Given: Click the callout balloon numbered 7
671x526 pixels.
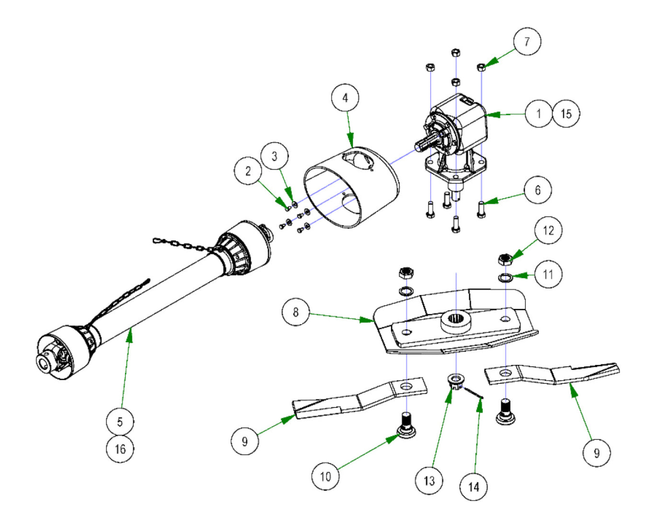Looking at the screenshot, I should (527, 42).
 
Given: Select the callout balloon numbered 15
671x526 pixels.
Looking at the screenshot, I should (566, 114).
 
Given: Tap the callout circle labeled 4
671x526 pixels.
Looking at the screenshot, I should (345, 98).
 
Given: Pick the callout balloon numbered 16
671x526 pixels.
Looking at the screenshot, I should (120, 449).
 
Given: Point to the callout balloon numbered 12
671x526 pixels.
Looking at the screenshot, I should (548, 230).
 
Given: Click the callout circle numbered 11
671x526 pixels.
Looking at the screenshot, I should (548, 274).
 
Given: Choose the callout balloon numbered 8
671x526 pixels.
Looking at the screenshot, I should (296, 312).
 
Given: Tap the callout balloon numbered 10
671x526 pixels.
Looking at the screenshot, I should (325, 476).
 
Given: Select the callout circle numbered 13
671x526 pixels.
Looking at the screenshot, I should (429, 480).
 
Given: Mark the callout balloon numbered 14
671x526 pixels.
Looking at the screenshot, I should (474, 487).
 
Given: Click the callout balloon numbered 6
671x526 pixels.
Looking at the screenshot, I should (537, 190).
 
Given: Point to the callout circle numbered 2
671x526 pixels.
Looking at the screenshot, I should (248, 171).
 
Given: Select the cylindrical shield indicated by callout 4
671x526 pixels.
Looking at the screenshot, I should (352, 187).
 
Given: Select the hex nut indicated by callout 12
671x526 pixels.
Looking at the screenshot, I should (504, 260).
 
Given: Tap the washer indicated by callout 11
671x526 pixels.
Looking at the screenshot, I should (505, 277).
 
